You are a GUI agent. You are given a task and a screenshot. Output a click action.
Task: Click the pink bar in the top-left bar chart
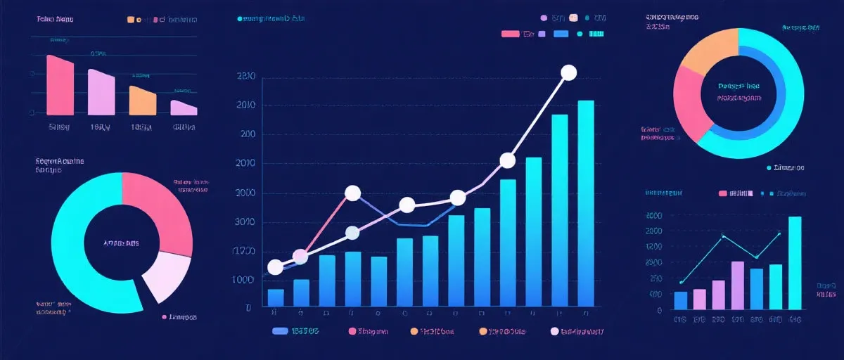60,86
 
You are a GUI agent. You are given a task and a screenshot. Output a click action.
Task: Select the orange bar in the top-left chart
142,101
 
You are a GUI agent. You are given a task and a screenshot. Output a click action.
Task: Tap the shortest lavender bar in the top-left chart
183,108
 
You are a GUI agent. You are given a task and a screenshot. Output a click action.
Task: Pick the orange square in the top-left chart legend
130,20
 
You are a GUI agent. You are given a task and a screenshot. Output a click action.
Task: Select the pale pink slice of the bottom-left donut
166,276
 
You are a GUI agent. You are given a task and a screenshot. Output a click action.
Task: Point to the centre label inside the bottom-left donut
121,243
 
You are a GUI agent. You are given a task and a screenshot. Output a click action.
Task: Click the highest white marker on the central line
569,72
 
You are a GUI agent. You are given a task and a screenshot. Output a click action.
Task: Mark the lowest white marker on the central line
276,267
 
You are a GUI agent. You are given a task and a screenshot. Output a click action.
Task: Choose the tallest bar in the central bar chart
585,204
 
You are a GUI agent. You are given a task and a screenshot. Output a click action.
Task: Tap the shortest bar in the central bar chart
276,298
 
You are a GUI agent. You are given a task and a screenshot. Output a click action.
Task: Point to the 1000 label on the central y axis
244,281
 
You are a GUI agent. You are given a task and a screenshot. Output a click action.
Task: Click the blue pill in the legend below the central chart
280,330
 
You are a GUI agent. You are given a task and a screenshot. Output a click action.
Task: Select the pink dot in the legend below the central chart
352,330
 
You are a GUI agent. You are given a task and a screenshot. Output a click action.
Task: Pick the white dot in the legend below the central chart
555,330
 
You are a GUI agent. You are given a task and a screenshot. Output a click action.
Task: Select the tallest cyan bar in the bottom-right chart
795,263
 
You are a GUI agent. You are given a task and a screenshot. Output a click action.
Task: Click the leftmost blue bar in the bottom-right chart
680,300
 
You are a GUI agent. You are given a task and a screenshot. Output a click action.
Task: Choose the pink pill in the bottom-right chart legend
722,193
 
